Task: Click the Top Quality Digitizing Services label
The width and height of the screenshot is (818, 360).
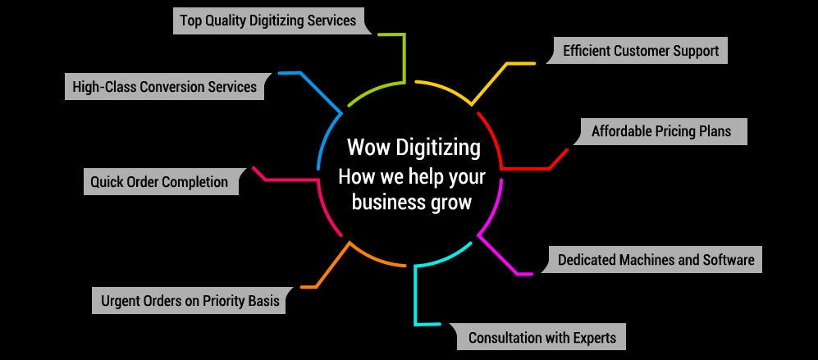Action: (x=267, y=21)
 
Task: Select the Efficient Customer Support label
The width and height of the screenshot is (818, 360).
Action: (x=640, y=51)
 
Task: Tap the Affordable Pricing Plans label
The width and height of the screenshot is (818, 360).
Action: (x=660, y=131)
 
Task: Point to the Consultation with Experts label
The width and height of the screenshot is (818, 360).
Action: (x=542, y=337)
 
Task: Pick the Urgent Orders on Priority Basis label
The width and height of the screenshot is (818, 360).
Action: (x=190, y=301)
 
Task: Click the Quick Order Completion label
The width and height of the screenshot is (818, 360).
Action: (x=159, y=181)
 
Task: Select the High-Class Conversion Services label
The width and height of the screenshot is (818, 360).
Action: (x=164, y=87)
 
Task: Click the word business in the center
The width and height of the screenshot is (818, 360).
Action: (x=388, y=203)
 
